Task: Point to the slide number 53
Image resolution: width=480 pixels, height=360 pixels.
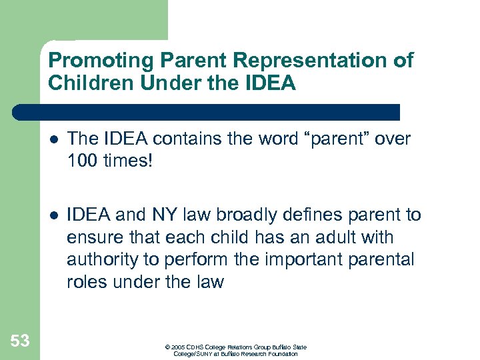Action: coord(20,341)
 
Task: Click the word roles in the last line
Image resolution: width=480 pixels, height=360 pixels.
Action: coord(89,283)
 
